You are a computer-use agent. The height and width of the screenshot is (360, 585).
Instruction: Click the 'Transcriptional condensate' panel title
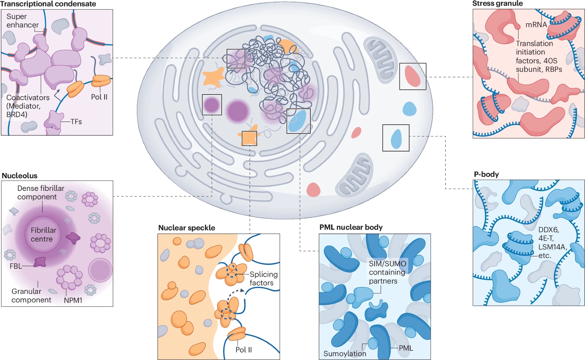click(48, 4)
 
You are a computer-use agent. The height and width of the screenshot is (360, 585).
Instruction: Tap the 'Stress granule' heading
click(497, 4)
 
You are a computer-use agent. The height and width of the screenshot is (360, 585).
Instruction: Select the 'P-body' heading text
click(486, 174)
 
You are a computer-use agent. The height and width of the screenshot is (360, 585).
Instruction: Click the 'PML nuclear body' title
click(351, 227)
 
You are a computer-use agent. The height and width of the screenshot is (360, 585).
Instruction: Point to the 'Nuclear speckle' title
click(187, 228)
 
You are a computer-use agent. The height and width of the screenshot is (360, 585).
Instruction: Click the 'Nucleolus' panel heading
click(20, 176)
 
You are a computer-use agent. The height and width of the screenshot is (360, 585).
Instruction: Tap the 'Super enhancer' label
click(22, 21)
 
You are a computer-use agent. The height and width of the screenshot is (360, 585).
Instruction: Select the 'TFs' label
click(76, 122)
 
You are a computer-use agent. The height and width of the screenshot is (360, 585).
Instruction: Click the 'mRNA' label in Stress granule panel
click(536, 25)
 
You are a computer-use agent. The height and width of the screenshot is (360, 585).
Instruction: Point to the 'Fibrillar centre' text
click(43, 235)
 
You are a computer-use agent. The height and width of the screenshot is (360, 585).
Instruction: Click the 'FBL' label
click(16, 266)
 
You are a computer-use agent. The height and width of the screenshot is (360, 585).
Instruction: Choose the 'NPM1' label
click(73, 301)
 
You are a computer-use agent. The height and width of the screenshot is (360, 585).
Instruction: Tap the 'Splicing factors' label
click(263, 279)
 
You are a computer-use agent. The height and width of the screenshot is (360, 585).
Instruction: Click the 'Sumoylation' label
click(345, 354)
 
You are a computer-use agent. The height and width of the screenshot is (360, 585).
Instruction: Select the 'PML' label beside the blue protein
click(406, 348)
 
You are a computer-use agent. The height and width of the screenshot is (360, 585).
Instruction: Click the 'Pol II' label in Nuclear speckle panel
click(243, 350)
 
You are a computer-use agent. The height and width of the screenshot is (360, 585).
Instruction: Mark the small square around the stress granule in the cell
click(413, 76)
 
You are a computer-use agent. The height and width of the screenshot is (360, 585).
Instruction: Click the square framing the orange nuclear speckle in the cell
click(249, 138)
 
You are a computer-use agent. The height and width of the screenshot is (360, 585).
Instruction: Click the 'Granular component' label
click(31, 296)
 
